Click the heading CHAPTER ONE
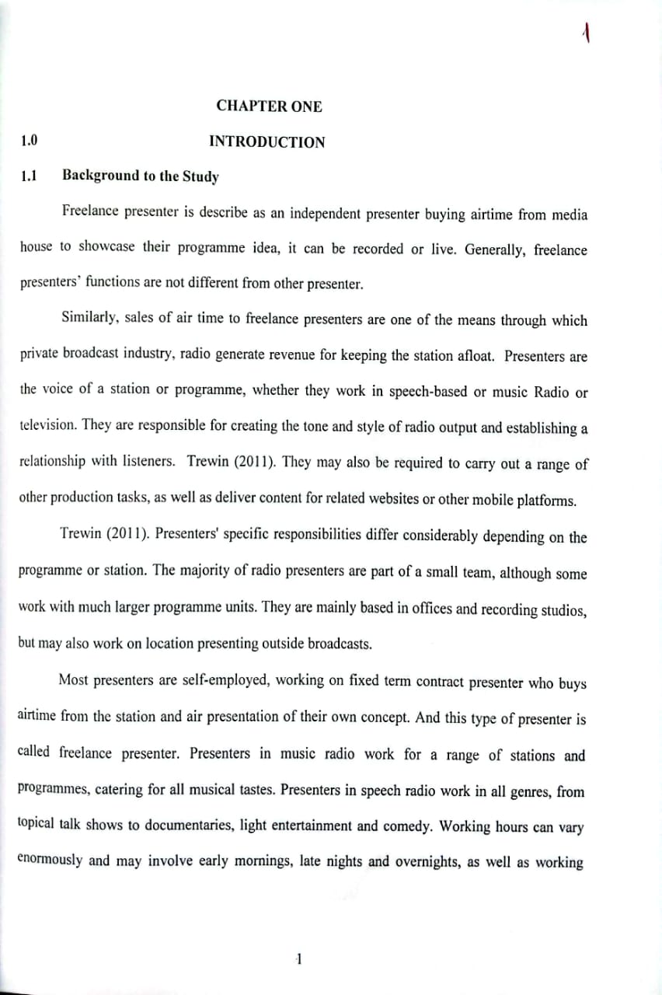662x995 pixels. pyautogui.click(x=269, y=106)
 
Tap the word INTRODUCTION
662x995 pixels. pyautogui.click(x=267, y=142)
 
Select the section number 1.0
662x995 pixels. pyautogui.click(x=30, y=141)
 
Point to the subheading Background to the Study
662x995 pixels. pyautogui.click(x=140, y=176)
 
